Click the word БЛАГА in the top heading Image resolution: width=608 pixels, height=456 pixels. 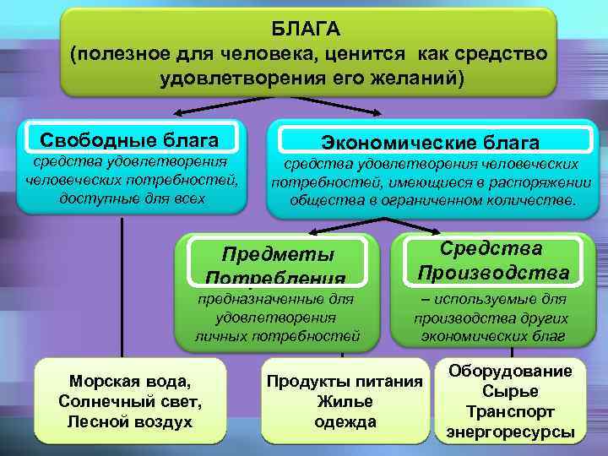(x=306, y=30)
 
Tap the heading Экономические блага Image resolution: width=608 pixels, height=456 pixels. (x=430, y=142)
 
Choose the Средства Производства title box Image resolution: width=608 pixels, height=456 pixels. (x=492, y=260)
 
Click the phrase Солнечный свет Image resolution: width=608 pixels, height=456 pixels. (x=130, y=400)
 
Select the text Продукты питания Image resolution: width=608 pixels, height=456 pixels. (x=344, y=382)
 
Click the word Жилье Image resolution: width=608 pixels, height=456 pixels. (x=344, y=401)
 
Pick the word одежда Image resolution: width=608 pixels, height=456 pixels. (x=344, y=421)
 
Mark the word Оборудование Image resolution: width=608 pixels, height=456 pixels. (x=510, y=372)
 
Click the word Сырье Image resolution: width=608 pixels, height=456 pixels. (x=510, y=392)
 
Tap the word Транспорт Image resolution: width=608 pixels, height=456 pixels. (x=510, y=412)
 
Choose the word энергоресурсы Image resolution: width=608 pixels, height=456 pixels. (x=510, y=432)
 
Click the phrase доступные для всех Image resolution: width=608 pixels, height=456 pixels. (x=131, y=198)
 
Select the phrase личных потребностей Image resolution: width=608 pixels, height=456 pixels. (x=276, y=336)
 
